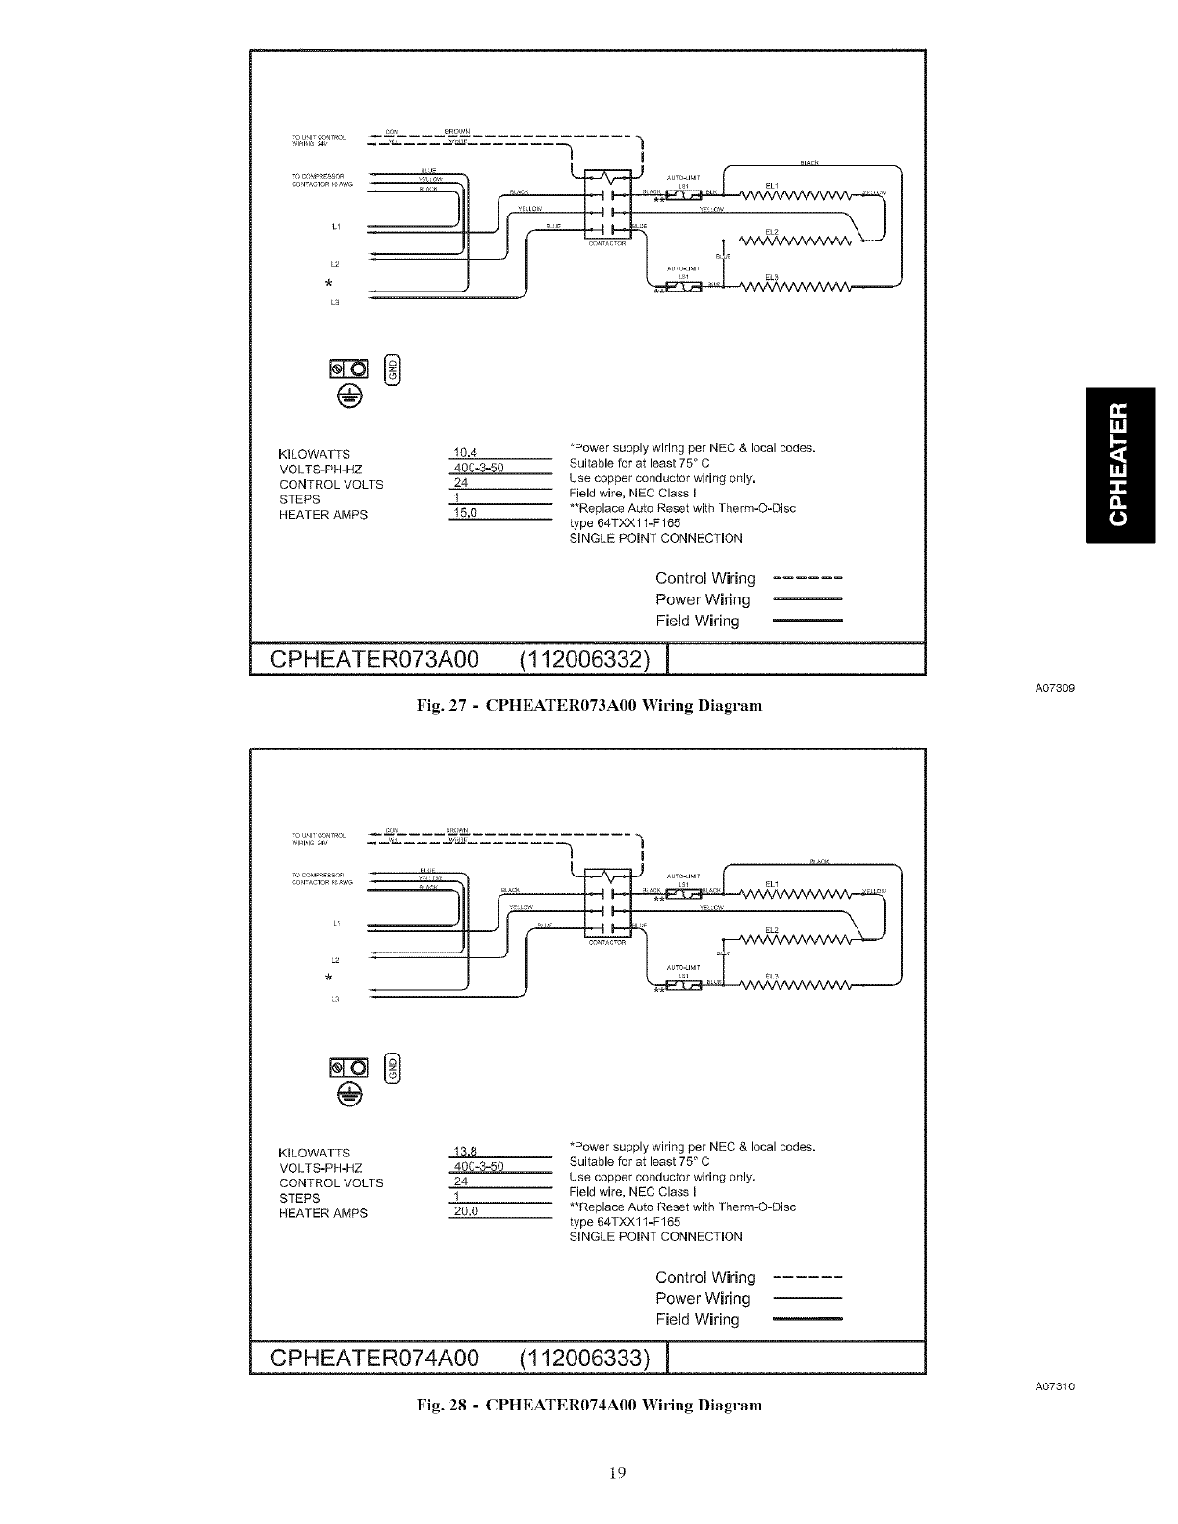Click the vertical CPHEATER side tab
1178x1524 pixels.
pyautogui.click(x=1117, y=465)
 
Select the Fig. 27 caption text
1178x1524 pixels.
pyautogui.click(x=589, y=706)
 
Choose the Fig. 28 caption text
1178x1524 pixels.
pyautogui.click(x=589, y=1405)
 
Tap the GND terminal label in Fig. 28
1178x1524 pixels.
pyautogui.click(x=391, y=1067)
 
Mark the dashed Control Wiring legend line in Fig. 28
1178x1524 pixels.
pyautogui.click(x=807, y=1278)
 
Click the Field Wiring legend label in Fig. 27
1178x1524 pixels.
pyautogui.click(x=698, y=622)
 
